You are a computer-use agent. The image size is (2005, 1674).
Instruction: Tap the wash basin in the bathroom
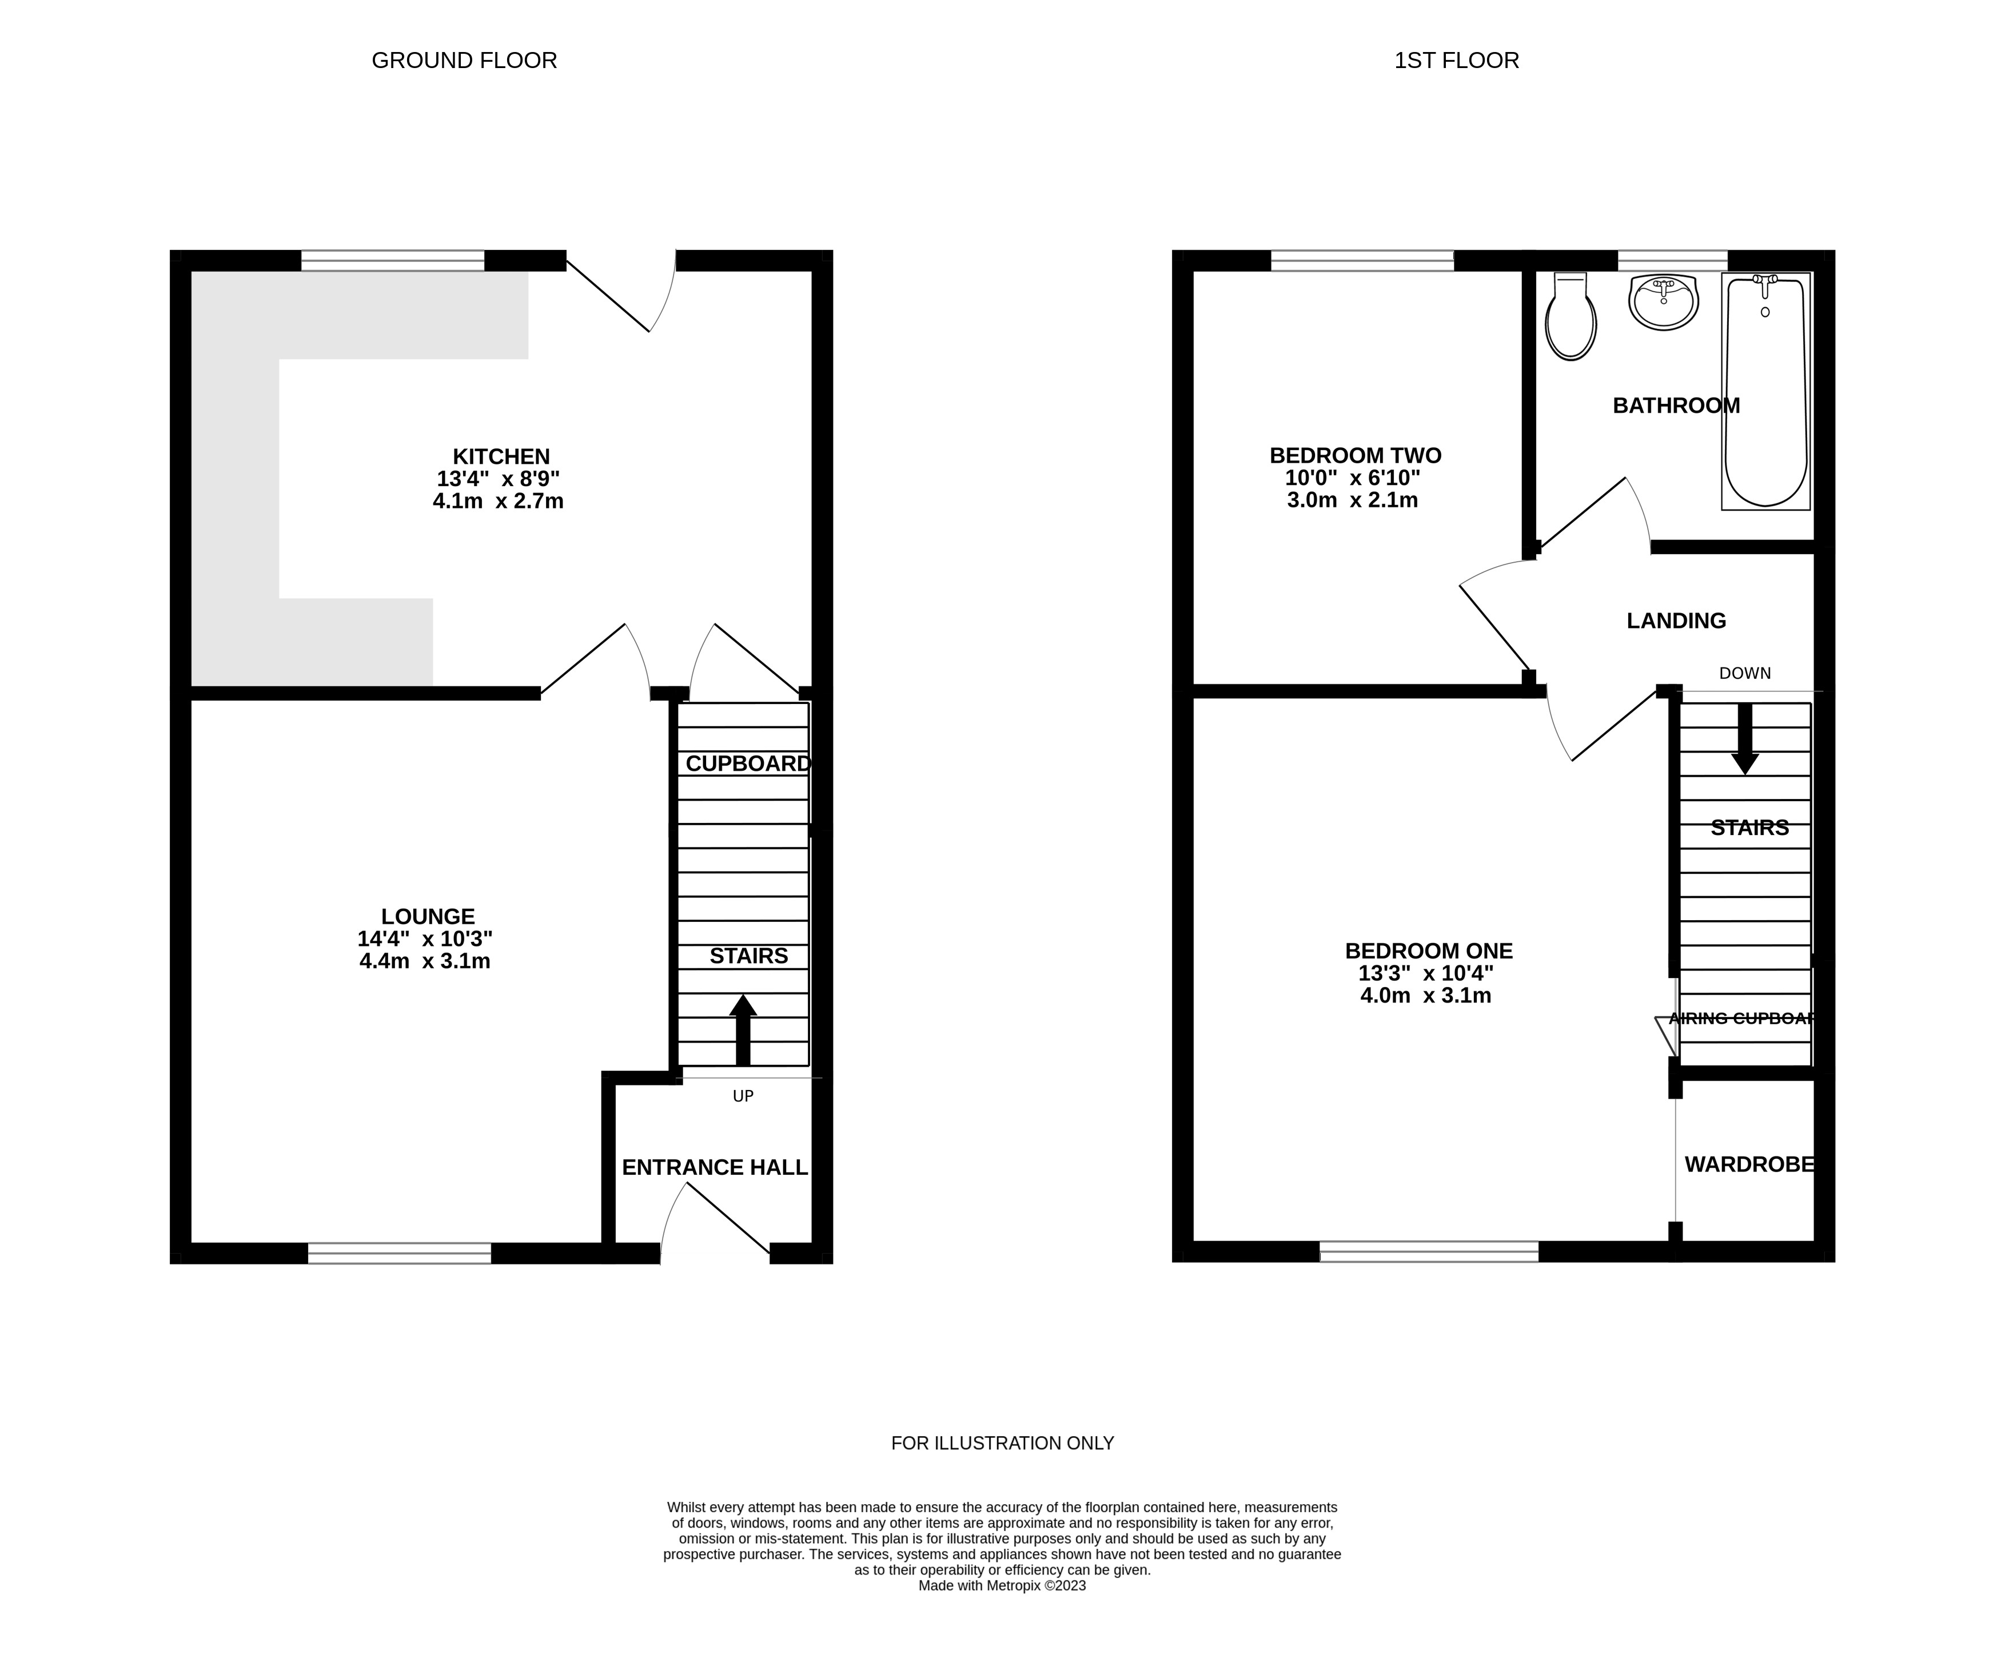(1663, 302)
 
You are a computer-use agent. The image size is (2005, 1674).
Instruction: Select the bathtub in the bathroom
(1765, 392)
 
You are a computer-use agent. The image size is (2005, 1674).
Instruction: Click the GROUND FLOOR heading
(464, 60)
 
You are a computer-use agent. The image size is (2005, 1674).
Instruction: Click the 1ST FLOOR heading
(1456, 60)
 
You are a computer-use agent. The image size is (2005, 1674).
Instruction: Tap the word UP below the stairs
(743, 1096)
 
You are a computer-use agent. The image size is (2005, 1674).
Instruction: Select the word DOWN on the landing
(1744, 673)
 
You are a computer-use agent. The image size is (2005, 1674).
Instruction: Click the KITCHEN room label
(501, 456)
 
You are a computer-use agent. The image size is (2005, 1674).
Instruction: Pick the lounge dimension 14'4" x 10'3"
(425, 939)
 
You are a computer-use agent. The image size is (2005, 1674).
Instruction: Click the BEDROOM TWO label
(1355, 455)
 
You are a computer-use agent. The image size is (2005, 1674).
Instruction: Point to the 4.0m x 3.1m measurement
(1425, 996)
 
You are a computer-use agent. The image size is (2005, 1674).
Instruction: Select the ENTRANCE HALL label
(714, 1167)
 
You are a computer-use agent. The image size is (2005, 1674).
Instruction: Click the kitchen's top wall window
(392, 261)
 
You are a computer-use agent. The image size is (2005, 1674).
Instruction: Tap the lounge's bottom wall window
(399, 1253)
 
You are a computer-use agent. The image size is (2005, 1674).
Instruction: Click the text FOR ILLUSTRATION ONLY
(1003, 1443)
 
